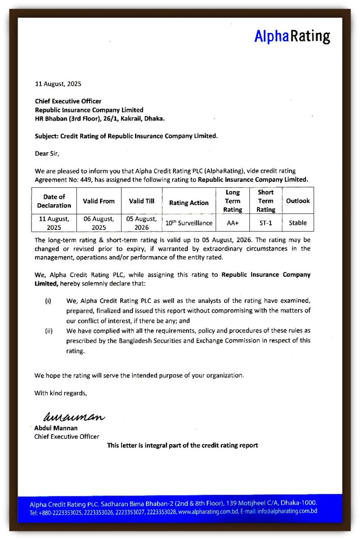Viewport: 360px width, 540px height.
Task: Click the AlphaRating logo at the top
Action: (x=292, y=36)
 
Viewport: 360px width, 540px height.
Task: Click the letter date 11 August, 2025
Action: (x=58, y=84)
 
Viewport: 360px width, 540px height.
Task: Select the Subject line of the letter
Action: (x=126, y=136)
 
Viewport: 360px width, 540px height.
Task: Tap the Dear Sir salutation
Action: (x=47, y=153)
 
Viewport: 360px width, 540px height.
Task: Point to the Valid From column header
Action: (x=99, y=201)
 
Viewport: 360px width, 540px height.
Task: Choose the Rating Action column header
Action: (x=189, y=203)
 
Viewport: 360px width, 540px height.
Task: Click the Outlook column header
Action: (x=298, y=201)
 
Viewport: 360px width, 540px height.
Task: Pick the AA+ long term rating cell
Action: (x=232, y=223)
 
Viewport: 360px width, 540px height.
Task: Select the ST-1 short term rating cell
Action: (x=265, y=223)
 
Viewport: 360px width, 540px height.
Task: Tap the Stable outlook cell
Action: (x=298, y=223)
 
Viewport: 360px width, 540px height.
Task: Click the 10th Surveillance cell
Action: (x=189, y=223)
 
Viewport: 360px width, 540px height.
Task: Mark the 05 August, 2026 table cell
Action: (x=142, y=223)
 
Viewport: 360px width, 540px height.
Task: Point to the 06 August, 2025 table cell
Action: (x=99, y=223)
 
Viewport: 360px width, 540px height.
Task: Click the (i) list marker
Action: (x=48, y=301)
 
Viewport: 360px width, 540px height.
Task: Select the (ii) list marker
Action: (x=49, y=331)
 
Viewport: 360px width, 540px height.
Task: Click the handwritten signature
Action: (x=73, y=417)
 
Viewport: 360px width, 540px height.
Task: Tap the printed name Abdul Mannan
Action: (x=56, y=428)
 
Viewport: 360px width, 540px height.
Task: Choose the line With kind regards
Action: (x=61, y=393)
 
